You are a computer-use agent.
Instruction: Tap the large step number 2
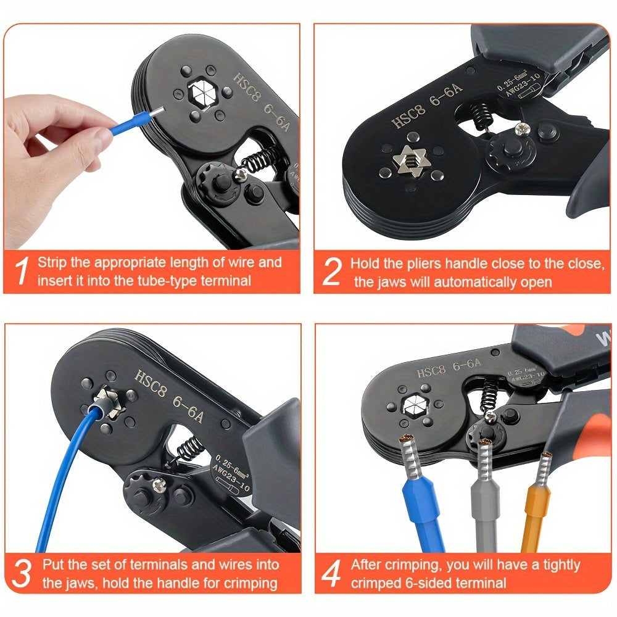click(331, 272)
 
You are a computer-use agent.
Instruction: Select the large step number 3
click(21, 573)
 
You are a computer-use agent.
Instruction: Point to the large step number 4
click(331, 574)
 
